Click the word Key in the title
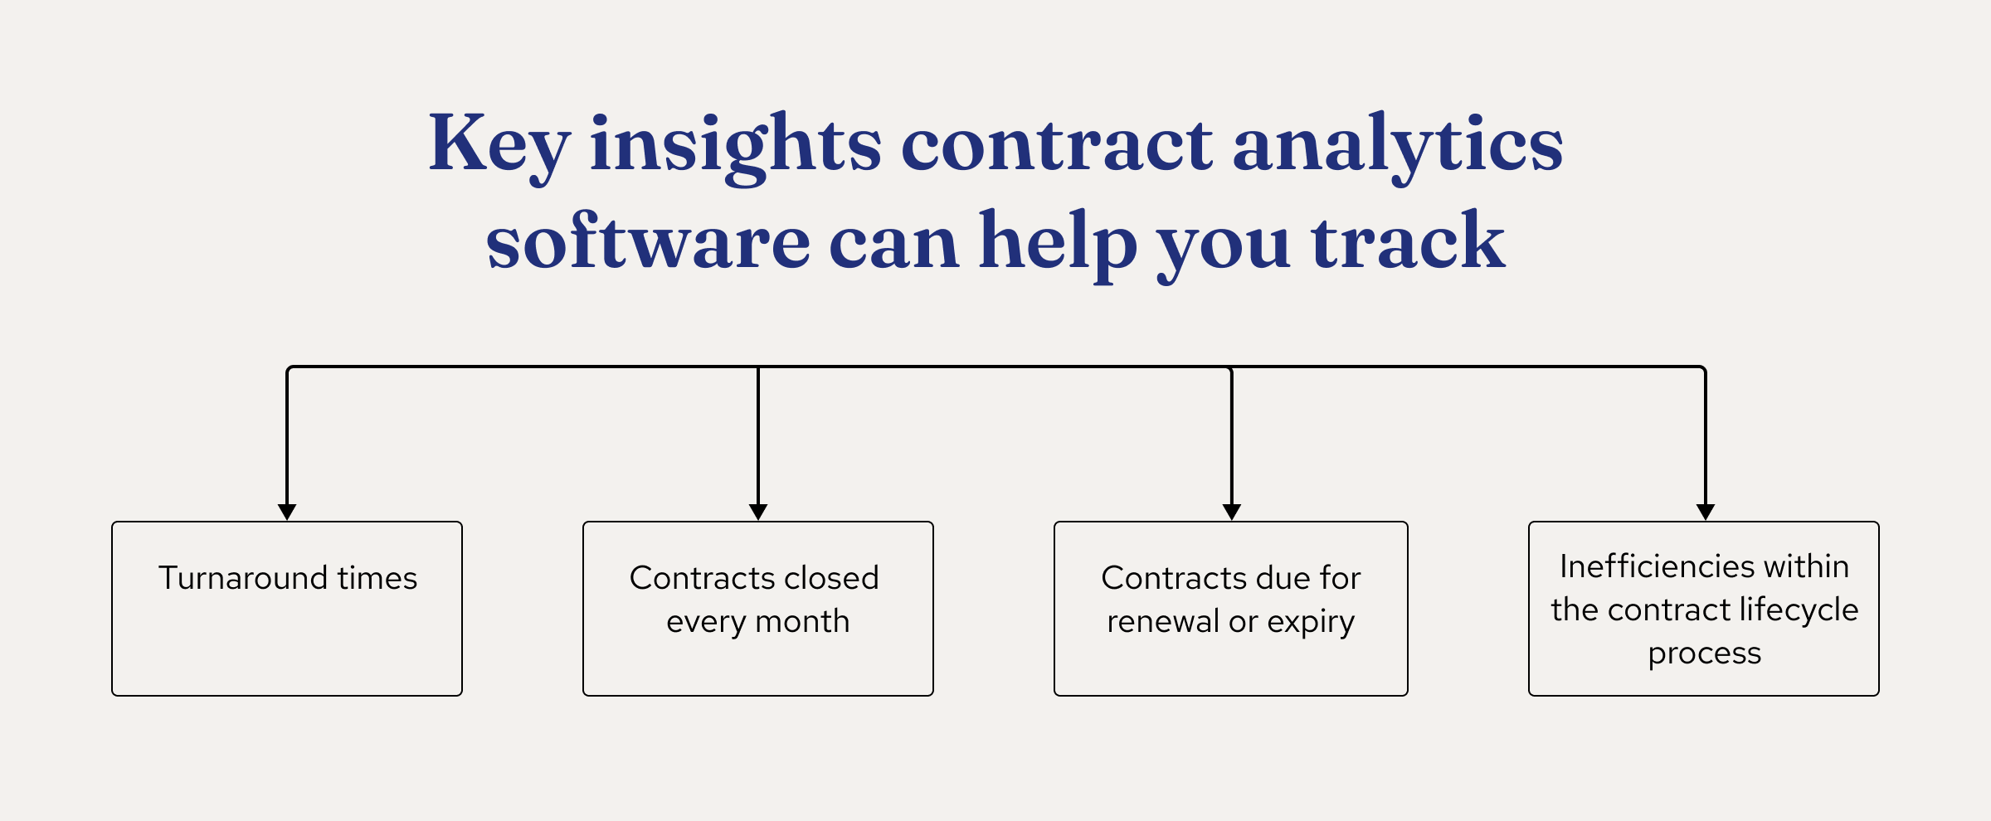[x=499, y=145]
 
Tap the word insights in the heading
[x=735, y=145]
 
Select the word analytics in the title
[x=1398, y=145]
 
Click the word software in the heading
[x=648, y=241]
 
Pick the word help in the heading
[x=1058, y=241]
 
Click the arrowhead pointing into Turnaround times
[x=287, y=512]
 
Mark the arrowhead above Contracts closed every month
[x=758, y=512]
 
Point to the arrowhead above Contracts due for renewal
[x=1232, y=512]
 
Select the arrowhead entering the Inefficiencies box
[x=1706, y=512]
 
